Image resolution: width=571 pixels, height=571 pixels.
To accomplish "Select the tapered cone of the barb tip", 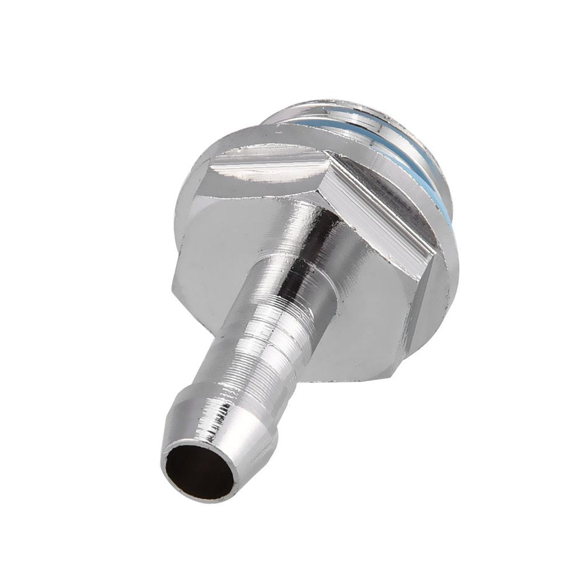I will [x=228, y=439].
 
